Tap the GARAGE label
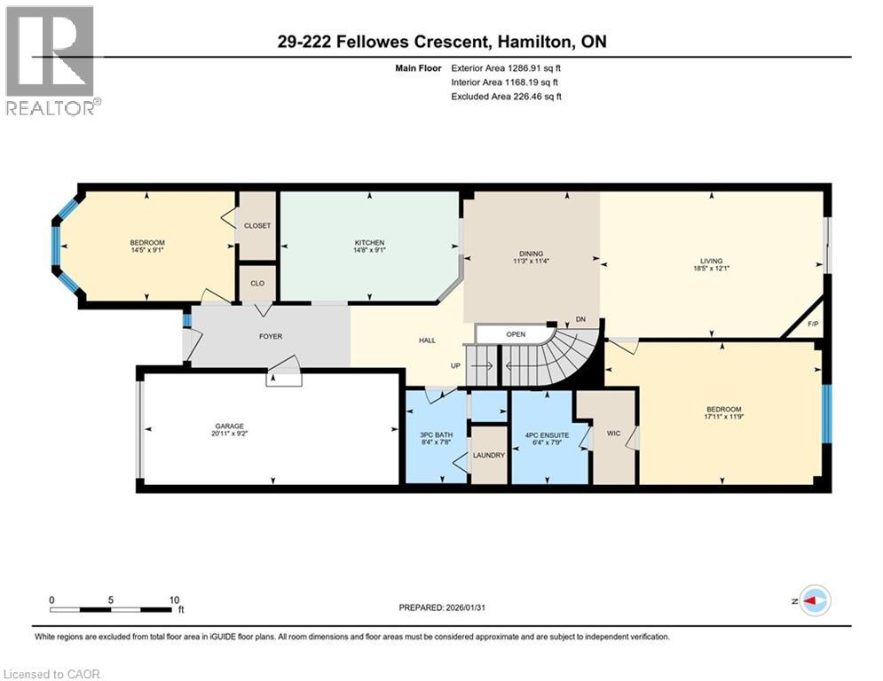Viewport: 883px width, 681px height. point(228,426)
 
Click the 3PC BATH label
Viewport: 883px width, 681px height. point(436,434)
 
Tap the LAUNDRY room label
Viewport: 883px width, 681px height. point(488,456)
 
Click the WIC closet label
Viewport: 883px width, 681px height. point(613,434)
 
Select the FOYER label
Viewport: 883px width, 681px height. point(271,337)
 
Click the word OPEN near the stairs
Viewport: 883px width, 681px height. point(516,334)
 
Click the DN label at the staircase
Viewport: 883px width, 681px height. point(580,319)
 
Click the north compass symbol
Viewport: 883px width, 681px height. point(813,600)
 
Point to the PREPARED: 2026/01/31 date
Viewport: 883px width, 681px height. point(448,607)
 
